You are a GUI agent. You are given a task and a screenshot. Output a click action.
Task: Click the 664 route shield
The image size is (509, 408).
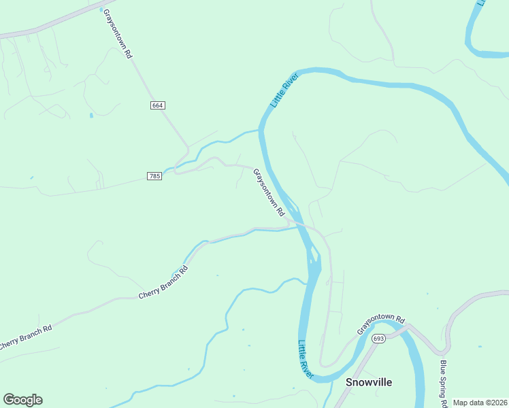click(157, 105)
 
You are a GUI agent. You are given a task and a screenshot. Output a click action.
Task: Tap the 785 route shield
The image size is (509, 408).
click(154, 176)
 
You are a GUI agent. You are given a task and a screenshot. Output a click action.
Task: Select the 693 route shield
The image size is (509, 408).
click(379, 339)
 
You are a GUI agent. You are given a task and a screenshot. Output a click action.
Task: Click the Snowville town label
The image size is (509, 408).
click(369, 382)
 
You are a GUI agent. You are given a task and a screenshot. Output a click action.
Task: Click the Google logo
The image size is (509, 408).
click(22, 400)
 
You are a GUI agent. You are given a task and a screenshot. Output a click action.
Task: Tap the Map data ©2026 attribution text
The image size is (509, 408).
click(480, 403)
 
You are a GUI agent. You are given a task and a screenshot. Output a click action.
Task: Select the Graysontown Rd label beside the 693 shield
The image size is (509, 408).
click(381, 325)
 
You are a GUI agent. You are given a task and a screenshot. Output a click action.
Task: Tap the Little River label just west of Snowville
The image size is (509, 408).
click(305, 360)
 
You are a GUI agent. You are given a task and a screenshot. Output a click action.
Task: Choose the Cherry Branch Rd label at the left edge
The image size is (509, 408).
click(25, 336)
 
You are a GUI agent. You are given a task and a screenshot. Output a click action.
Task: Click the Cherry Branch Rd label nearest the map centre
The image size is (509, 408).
click(163, 282)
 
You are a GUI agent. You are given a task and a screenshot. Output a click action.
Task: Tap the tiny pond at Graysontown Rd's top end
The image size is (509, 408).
click(102, 11)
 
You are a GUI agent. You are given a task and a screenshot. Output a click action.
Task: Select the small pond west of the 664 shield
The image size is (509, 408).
click(91, 116)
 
